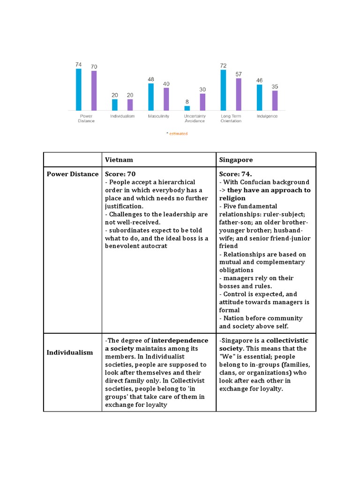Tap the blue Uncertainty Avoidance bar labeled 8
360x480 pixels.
click(x=187, y=108)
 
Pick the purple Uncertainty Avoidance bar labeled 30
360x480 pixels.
click(x=202, y=102)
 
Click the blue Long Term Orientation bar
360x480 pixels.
click(x=223, y=90)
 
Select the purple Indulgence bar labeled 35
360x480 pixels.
click(x=275, y=100)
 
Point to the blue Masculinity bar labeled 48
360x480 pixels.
click(x=151, y=97)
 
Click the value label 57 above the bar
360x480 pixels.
click(x=239, y=75)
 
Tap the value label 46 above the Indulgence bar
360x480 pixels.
click(x=259, y=81)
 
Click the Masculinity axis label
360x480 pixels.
click(x=158, y=116)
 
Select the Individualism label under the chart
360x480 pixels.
click(x=122, y=116)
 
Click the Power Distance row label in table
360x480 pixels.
click(x=73, y=174)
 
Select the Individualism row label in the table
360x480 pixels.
click(x=70, y=352)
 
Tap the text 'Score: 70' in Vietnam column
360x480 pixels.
click(x=120, y=174)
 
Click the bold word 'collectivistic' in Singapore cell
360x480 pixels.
click(x=288, y=340)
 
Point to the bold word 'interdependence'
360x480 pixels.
click(x=180, y=340)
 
